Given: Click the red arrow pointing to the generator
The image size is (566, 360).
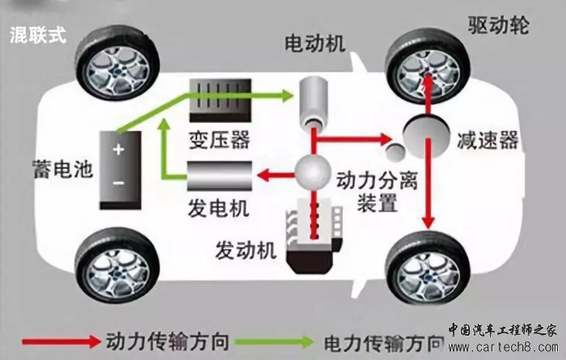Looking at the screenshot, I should [274, 172].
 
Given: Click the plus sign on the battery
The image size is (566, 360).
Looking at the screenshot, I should [119, 150].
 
